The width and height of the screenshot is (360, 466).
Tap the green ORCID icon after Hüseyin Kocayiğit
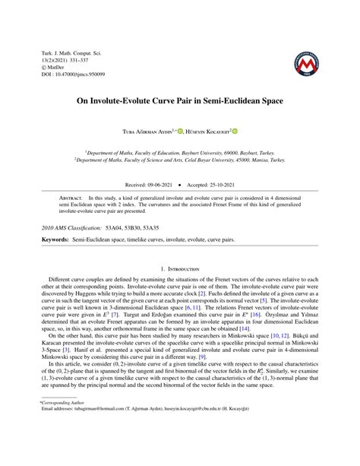(235, 131)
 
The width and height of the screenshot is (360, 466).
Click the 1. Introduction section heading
(180, 268)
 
